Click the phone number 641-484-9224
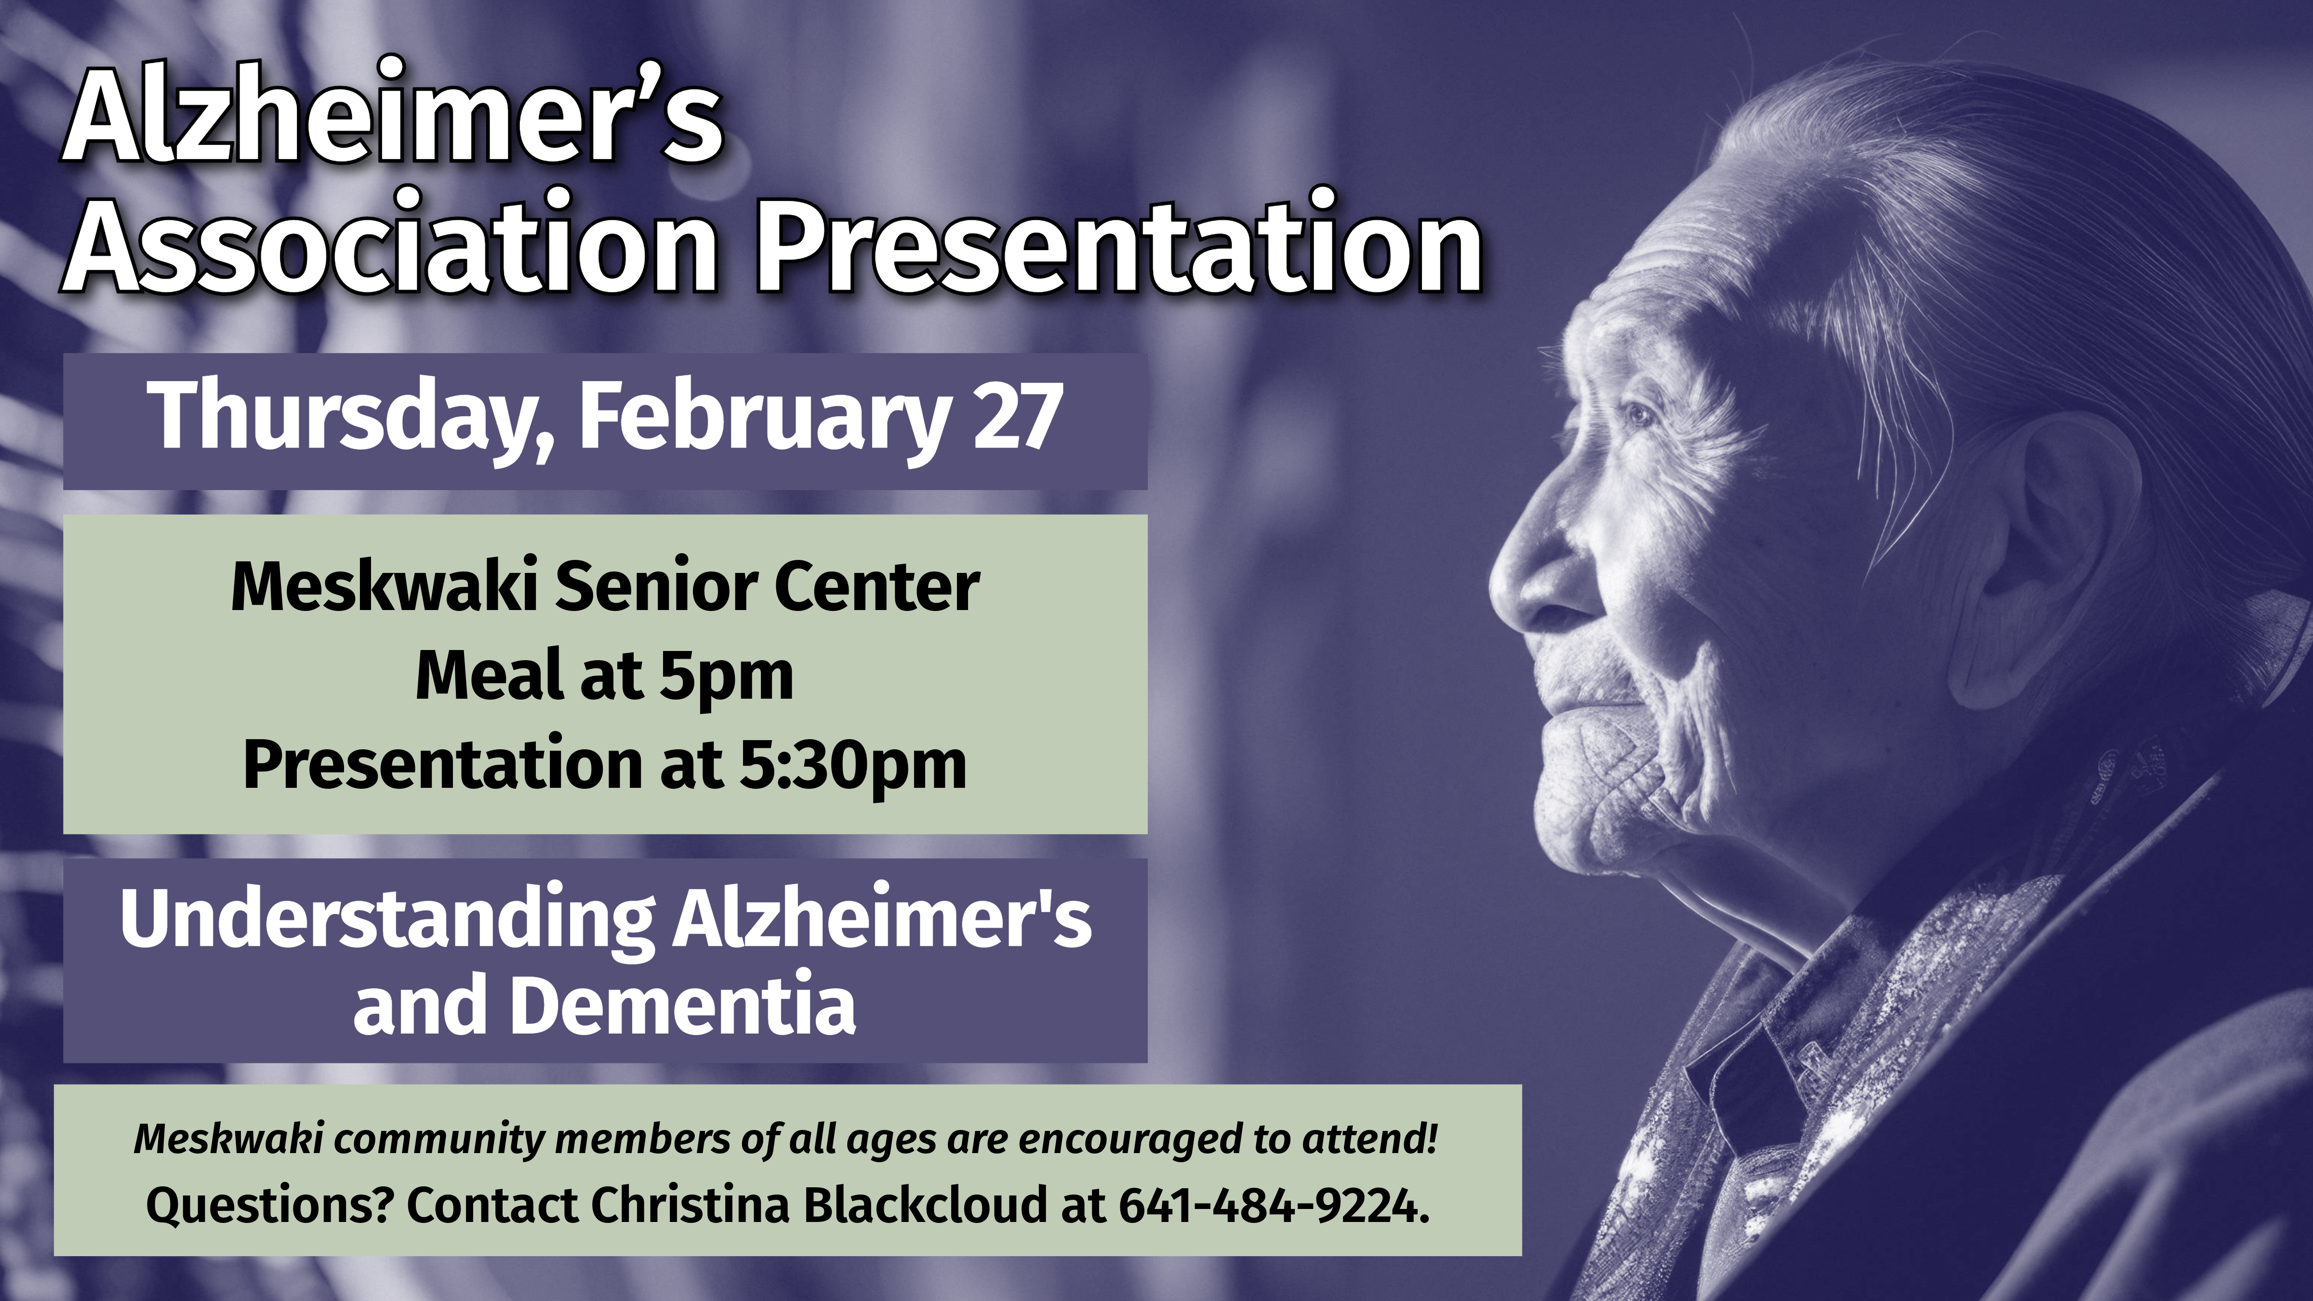pos(1273,1206)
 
